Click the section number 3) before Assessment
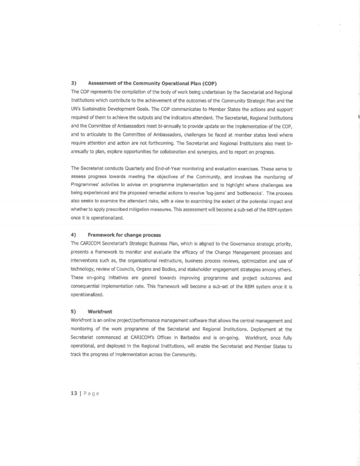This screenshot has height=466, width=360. (74, 83)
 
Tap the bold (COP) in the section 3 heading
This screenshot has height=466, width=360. (209, 83)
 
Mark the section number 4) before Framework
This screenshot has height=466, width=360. (73, 235)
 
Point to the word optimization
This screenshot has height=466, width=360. (253, 261)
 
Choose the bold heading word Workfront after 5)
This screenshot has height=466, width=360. (100, 312)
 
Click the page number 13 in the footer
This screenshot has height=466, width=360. (74, 393)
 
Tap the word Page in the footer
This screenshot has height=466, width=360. (91, 393)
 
